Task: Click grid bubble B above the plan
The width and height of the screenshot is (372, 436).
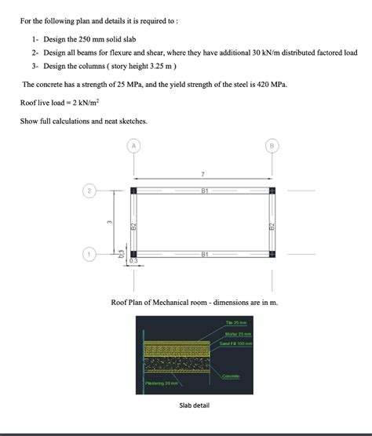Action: [272, 145]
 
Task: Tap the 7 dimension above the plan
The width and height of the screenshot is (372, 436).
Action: [202, 173]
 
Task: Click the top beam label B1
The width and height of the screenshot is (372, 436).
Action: [204, 191]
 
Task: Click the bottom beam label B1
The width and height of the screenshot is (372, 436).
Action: [204, 254]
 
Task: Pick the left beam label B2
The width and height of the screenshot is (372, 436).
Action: [133, 226]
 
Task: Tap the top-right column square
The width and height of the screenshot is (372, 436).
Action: [272, 191]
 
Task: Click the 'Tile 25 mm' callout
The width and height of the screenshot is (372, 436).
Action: [235, 323]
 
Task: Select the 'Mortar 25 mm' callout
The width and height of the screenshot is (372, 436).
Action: [236, 335]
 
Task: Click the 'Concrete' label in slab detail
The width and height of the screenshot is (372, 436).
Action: [231, 376]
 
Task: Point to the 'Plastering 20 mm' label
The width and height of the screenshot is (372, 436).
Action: [163, 383]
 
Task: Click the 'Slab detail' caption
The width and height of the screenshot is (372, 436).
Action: [195, 405]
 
